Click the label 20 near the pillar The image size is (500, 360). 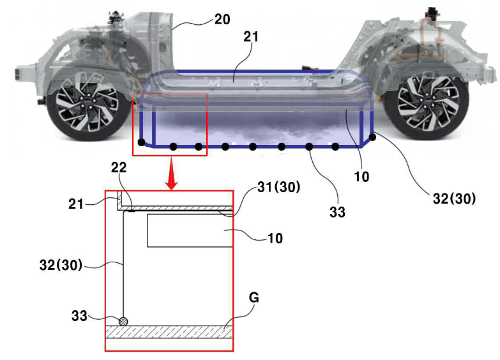coord(222,20)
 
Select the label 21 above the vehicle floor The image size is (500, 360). coord(251,37)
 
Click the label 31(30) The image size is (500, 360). coord(279,187)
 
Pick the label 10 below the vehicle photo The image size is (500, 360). coord(361,176)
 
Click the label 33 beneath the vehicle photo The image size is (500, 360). coord(337,212)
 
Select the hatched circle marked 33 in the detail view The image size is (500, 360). coord(123,321)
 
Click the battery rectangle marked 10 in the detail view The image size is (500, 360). coord(190,230)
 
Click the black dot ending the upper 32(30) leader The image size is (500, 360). coord(373,137)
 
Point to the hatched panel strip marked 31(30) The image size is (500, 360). coord(179,208)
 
